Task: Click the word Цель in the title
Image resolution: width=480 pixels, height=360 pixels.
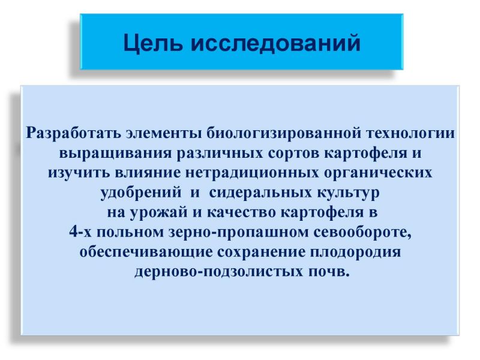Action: click(x=153, y=43)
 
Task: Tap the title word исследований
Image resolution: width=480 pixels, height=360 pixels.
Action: click(x=275, y=42)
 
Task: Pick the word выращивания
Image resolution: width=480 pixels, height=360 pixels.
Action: click(x=115, y=154)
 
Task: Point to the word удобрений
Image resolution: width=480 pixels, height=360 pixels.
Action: click(x=141, y=193)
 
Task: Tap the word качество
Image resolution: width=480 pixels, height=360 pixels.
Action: click(x=242, y=212)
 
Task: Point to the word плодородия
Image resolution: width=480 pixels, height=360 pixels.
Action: click(x=355, y=252)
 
